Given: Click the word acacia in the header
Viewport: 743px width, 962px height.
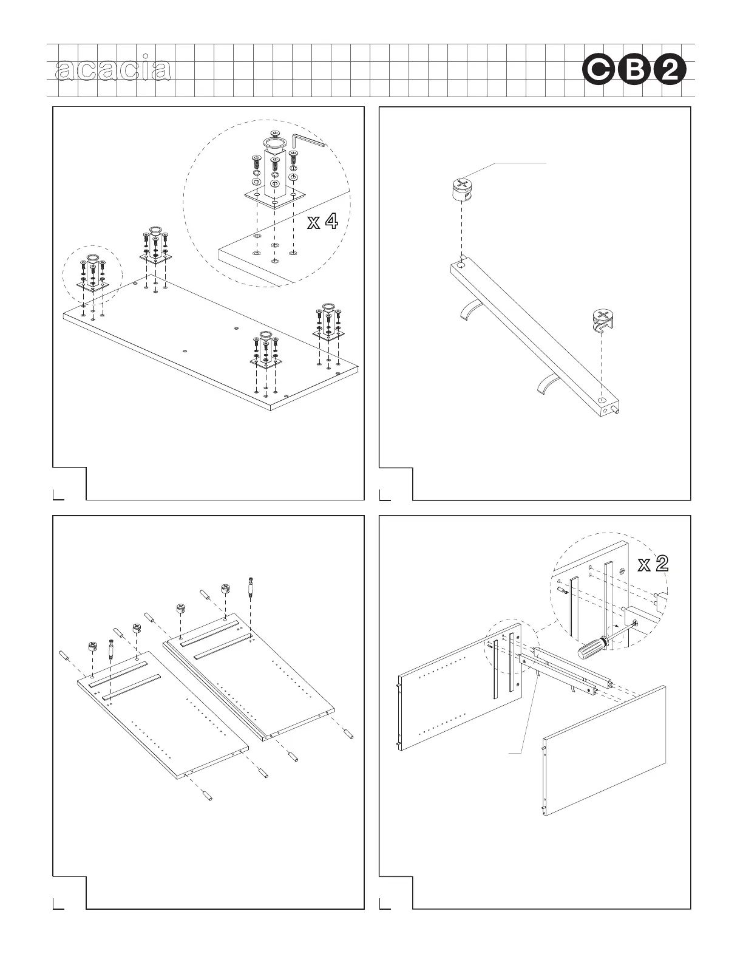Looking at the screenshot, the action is tap(112, 70).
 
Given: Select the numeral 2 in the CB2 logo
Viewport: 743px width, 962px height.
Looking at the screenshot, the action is tap(670, 72).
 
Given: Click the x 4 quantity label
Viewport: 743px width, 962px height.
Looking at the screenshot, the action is tap(322, 222).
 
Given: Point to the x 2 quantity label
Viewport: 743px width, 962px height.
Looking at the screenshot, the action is tap(653, 564).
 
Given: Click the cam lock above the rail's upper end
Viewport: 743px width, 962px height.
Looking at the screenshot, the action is tap(463, 189).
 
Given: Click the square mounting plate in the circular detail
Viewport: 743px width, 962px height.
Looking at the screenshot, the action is tap(274, 196).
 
